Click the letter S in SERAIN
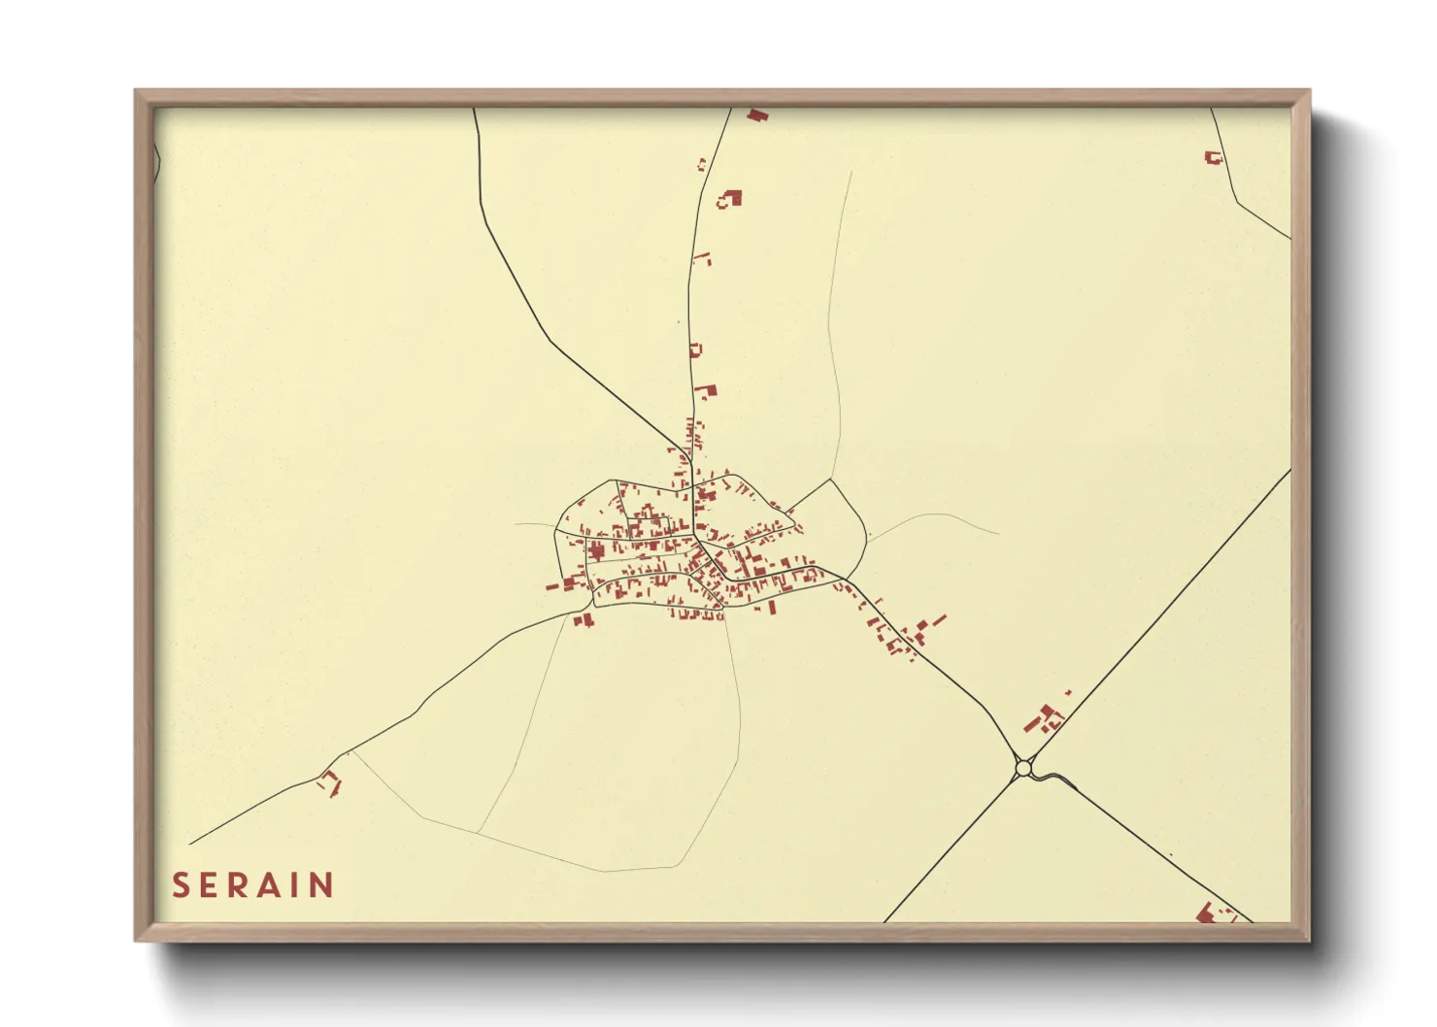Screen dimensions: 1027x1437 (180, 885)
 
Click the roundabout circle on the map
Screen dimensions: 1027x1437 (1022, 769)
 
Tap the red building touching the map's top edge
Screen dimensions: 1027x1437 (757, 115)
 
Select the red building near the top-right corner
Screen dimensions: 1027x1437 (1212, 156)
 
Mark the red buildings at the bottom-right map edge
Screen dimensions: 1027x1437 (1211, 913)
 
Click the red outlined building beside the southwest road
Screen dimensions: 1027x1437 (330, 781)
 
